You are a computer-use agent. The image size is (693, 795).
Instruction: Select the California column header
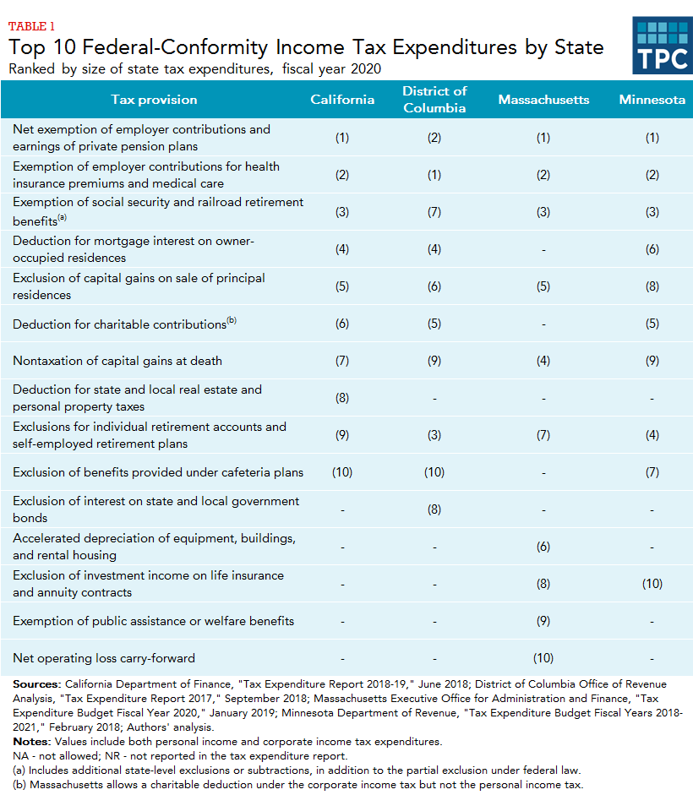click(342, 100)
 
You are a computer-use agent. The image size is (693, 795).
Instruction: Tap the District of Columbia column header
click(434, 100)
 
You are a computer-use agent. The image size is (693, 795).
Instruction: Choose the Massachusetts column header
click(543, 100)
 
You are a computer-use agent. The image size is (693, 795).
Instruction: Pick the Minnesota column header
click(652, 100)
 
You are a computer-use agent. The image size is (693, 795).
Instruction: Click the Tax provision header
click(154, 100)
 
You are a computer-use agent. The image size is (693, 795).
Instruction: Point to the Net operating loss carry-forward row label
click(104, 658)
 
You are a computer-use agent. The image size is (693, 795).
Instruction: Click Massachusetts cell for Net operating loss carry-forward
click(543, 658)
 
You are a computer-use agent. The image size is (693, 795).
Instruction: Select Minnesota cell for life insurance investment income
click(652, 584)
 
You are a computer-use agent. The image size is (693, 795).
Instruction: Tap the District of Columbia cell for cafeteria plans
click(434, 472)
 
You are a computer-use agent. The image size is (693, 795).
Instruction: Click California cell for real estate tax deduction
click(342, 398)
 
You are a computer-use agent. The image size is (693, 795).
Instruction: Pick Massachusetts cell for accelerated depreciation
click(543, 547)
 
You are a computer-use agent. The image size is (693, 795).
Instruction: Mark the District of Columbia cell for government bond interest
click(434, 509)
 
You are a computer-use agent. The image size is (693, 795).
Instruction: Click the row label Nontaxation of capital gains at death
click(117, 361)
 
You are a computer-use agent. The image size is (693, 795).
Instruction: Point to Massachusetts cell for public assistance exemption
click(543, 621)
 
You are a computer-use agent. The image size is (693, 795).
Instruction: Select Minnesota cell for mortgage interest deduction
click(652, 249)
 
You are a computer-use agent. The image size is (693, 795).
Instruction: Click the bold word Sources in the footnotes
click(36, 683)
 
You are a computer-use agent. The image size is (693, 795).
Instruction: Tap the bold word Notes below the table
click(30, 741)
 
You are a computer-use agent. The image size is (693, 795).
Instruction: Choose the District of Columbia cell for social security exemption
click(434, 212)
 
